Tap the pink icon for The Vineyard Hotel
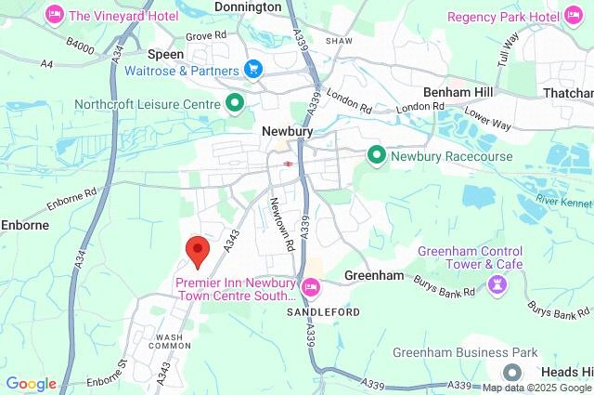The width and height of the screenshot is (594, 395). click(x=55, y=15)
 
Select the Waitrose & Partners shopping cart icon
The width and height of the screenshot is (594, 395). click(x=252, y=69)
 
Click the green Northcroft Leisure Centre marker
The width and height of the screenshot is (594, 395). click(x=236, y=102)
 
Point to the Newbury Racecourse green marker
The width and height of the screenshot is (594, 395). click(x=377, y=155)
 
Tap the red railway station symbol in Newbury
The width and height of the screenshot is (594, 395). click(x=290, y=163)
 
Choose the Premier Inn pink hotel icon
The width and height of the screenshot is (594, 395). click(x=311, y=284)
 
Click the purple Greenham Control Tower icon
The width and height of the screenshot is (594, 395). click(x=496, y=283)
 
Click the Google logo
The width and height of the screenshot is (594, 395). click(x=31, y=384)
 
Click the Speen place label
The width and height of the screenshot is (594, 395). click(x=166, y=55)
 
